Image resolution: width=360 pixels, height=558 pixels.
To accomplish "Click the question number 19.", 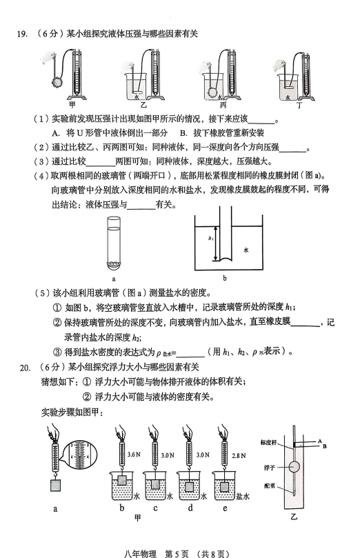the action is (21, 34).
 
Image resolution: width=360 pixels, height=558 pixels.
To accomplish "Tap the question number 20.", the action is (25, 368).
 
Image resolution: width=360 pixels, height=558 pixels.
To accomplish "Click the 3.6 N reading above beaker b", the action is (134, 455).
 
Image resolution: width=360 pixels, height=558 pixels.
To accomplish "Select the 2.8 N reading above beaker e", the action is (239, 455).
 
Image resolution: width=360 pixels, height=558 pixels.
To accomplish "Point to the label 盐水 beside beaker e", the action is (242, 497).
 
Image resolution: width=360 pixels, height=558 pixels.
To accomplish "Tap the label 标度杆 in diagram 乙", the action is (268, 443).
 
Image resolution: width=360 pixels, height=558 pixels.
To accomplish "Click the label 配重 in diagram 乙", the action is (269, 486).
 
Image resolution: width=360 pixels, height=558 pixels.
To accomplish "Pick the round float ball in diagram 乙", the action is (294, 467).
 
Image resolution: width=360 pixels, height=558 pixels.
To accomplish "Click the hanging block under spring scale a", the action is (55, 486).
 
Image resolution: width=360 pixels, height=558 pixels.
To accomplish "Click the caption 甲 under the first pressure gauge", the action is (72, 105).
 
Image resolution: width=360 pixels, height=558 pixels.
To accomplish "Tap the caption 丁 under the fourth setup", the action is (299, 105).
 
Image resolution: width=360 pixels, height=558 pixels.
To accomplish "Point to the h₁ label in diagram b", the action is (210, 239).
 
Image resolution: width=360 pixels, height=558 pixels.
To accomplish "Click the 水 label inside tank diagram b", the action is (246, 250).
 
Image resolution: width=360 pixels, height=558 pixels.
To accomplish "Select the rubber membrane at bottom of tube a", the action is (114, 264).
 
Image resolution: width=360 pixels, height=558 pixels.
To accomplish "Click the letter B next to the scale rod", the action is (324, 446).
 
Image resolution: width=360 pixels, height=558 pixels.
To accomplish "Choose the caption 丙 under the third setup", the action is (223, 105).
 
